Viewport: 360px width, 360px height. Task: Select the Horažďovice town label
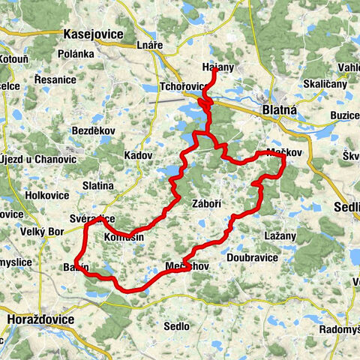(x=40, y=319)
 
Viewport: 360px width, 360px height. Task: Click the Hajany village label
(x=218, y=66)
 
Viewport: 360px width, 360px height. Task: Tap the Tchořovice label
(x=185, y=85)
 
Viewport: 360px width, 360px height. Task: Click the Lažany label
(x=280, y=235)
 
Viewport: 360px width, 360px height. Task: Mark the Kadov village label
(x=139, y=155)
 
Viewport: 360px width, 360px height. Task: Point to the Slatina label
(x=98, y=185)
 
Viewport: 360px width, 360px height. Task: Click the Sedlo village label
(x=176, y=326)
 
